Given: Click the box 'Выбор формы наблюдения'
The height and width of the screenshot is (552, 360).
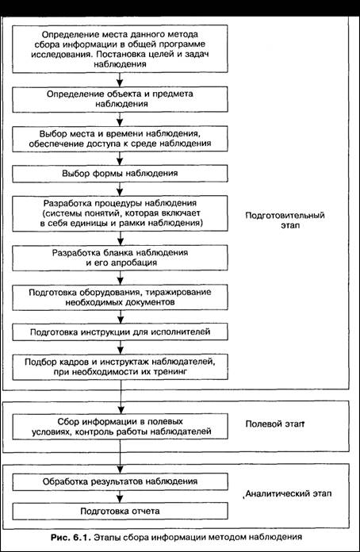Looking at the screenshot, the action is click(x=120, y=174).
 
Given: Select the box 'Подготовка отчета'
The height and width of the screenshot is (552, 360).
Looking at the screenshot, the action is click(x=120, y=512).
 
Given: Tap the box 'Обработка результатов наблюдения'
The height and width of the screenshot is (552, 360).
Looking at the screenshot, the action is click(x=120, y=481).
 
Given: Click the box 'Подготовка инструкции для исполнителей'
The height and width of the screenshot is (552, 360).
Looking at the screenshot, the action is click(x=120, y=332).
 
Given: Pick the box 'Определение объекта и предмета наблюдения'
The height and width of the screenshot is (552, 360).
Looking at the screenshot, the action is click(x=120, y=99).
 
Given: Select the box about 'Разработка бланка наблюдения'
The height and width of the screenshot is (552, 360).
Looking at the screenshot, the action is click(x=120, y=258).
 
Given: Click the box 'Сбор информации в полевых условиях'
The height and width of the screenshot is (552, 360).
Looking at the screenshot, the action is click(x=120, y=427).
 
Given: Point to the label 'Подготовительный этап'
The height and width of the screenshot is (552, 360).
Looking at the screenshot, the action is click(x=285, y=220).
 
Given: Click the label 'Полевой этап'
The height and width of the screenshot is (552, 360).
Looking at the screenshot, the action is click(x=274, y=424).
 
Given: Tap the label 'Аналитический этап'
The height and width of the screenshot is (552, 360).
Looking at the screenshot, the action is click(x=288, y=493).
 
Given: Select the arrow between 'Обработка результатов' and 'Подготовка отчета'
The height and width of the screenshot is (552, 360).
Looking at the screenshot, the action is click(x=120, y=496).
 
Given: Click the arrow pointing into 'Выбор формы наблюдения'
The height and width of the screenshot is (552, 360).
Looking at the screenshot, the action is click(x=120, y=159).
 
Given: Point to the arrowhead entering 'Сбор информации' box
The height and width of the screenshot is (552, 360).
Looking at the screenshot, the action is click(x=120, y=411).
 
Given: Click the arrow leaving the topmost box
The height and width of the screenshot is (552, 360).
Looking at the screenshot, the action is click(x=120, y=80).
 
